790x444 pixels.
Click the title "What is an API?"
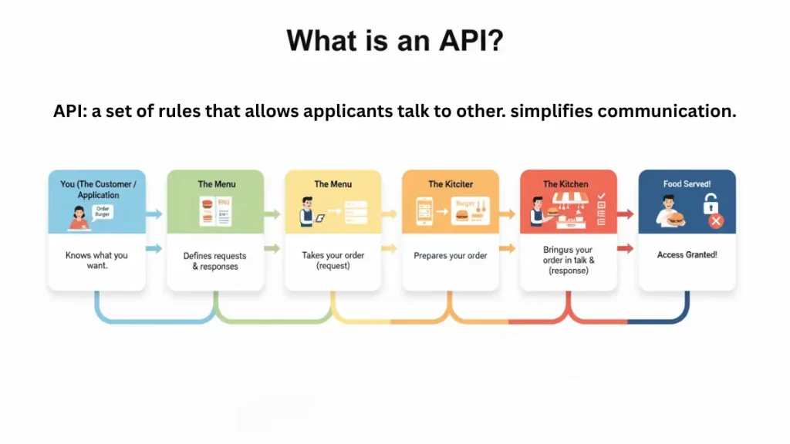394,40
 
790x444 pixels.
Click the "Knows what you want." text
97,261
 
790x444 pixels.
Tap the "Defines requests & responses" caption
215,261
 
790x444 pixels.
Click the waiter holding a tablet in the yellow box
305,213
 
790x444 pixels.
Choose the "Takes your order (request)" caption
333,261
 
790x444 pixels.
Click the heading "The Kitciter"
450,184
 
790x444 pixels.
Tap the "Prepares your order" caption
450,256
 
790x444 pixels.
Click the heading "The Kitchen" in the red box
565,184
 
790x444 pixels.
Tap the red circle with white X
715,221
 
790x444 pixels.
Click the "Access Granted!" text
687,255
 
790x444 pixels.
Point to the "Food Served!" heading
687,184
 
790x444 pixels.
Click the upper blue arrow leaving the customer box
155,214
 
